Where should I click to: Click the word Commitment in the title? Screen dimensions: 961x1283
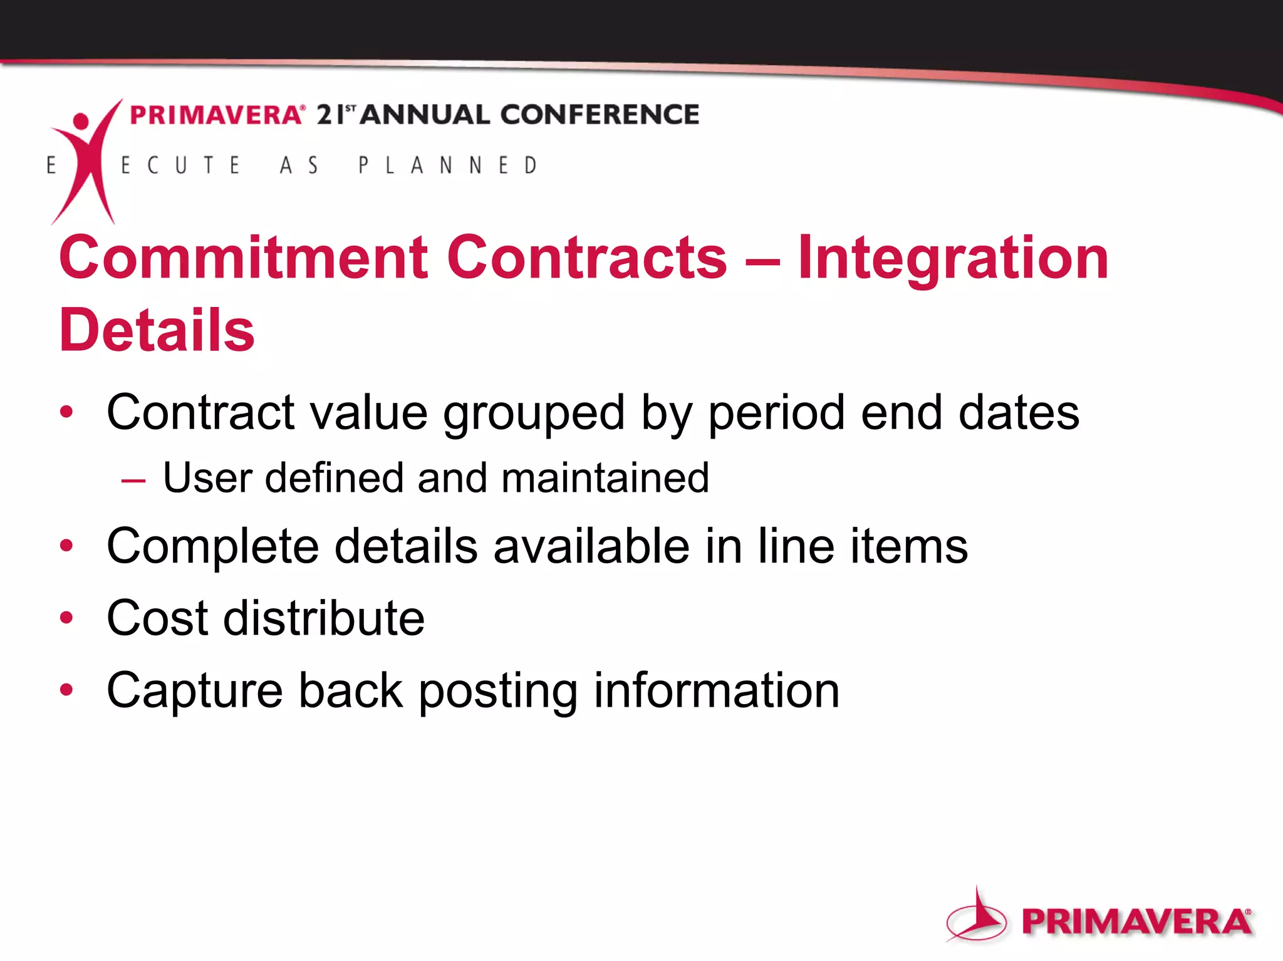tap(244, 257)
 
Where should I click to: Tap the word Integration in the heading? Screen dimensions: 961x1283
tap(953, 259)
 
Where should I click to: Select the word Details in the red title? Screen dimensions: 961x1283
tap(157, 330)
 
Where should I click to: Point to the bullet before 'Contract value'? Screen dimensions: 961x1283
tap(66, 412)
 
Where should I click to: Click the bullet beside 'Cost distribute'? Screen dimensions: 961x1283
tap(66, 618)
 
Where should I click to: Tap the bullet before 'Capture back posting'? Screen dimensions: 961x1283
tap(66, 690)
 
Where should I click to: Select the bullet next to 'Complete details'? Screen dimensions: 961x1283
tap(66, 546)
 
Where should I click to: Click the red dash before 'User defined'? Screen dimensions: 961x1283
tap(133, 481)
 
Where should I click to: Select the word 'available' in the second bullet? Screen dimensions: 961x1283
tap(591, 546)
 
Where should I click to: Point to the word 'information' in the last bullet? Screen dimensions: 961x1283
tap(716, 690)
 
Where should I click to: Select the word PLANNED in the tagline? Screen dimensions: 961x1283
tap(448, 165)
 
